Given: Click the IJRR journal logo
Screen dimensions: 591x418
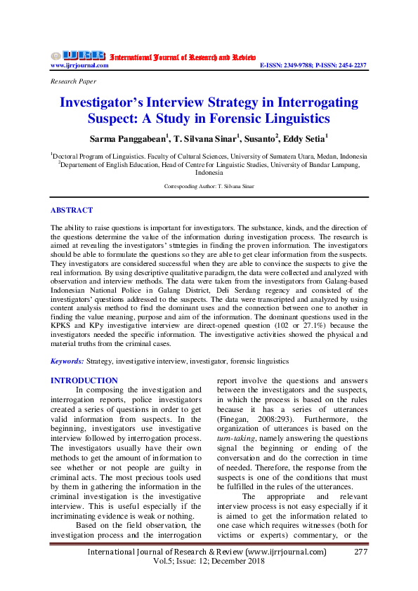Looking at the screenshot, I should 77,55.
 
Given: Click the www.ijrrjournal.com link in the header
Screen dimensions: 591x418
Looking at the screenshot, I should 79,65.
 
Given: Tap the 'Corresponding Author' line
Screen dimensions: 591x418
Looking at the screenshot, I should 209,187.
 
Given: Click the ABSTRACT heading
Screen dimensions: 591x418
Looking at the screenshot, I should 72,210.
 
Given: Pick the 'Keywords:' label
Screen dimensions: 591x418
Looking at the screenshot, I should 67,361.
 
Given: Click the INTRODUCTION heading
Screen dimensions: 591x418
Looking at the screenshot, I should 84,380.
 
